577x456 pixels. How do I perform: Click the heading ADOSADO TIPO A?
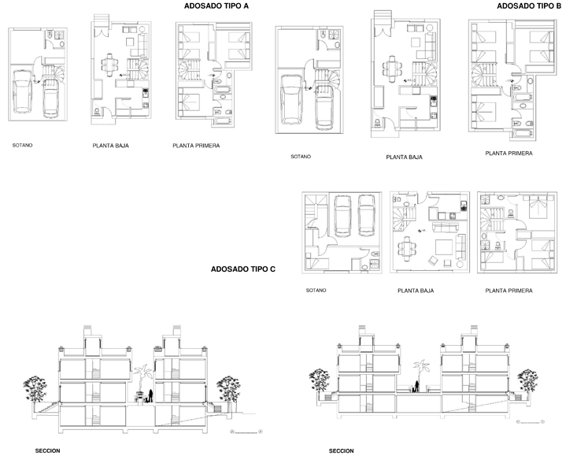point(216,6)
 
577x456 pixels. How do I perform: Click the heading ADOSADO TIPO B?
point(529,6)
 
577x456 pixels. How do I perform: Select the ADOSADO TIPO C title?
point(243,269)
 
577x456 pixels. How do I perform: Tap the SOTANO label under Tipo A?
point(23,146)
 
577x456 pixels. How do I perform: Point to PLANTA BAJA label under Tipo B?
point(404,158)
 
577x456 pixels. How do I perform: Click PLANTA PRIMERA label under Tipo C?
point(509,291)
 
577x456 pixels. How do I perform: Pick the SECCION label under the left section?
point(47,450)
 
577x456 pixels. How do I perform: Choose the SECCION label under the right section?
point(341,450)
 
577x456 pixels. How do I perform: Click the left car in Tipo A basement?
point(23,91)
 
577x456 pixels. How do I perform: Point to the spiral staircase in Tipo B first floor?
point(482,75)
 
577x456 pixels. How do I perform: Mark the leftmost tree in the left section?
point(35,389)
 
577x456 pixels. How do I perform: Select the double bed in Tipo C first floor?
point(538,206)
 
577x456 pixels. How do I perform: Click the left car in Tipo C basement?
point(343,216)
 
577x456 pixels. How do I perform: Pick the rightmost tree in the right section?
point(527,381)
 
